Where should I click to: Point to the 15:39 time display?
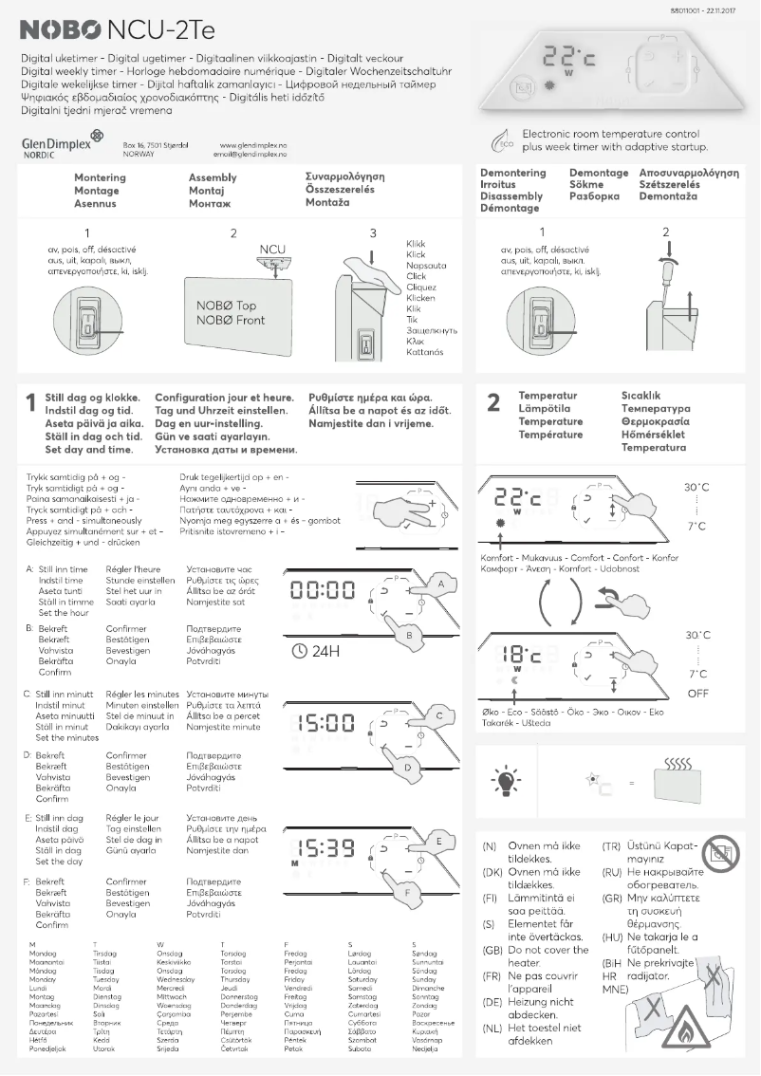(x=325, y=849)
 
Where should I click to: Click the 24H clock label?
(x=317, y=652)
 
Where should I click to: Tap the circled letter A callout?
(x=440, y=584)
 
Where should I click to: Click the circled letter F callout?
(x=407, y=892)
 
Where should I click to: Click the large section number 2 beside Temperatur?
(x=492, y=404)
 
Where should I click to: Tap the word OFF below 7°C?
(x=697, y=694)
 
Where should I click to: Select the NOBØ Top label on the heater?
(x=226, y=306)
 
